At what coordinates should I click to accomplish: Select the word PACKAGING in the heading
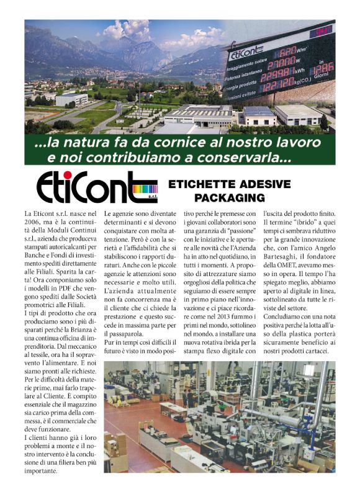coord(229,198)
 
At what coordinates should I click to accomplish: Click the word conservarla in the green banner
coord(237,158)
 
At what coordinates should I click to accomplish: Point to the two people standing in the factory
coord(187,396)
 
